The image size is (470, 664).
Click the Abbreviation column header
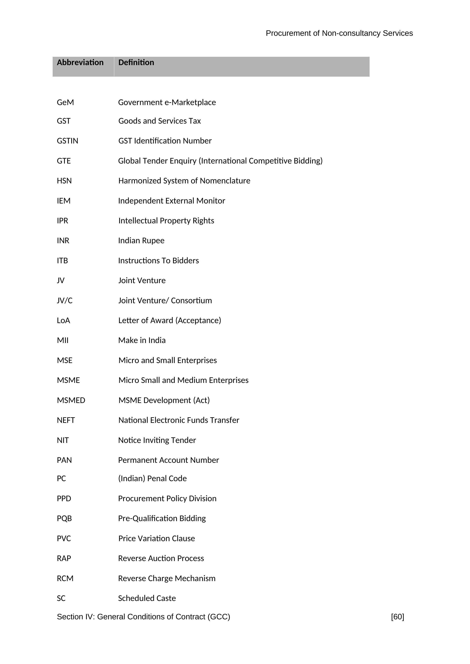click(80, 63)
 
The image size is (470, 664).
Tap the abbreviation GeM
click(65, 102)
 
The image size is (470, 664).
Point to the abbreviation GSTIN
click(67, 141)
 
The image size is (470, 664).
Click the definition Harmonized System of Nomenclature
click(184, 181)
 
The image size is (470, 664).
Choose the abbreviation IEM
click(64, 201)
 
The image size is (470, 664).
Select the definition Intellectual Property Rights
click(166, 221)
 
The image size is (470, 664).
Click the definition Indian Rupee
click(141, 241)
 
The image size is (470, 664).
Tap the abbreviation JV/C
click(65, 300)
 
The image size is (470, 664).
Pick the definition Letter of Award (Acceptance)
click(170, 320)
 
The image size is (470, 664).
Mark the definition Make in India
click(142, 340)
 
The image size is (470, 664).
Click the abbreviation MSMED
click(71, 400)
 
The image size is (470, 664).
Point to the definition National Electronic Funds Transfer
click(179, 420)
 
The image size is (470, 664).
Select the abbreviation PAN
click(64, 460)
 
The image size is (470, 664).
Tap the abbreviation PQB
click(64, 518)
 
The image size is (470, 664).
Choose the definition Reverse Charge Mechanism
click(167, 578)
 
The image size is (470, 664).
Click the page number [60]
click(397, 617)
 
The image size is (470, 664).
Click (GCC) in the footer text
click(219, 617)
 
